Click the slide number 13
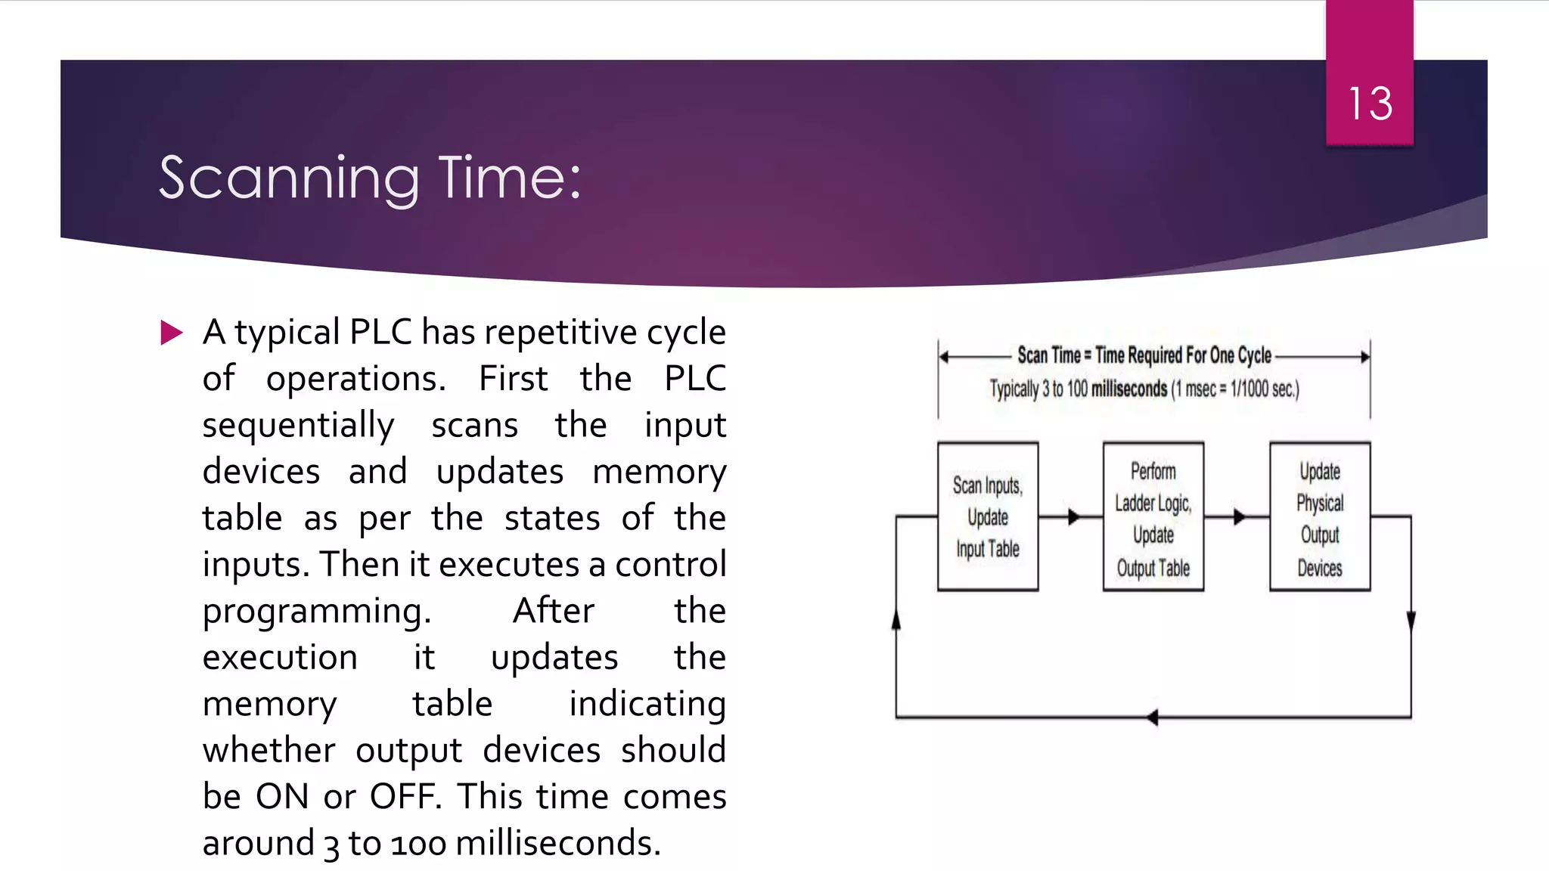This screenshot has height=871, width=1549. [1370, 104]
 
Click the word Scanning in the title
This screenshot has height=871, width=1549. [289, 178]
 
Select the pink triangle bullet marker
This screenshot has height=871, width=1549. [172, 333]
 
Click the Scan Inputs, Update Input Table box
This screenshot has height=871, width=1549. [987, 516]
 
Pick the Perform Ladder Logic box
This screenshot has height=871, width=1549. [1153, 516]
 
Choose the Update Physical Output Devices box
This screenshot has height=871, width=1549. [1319, 516]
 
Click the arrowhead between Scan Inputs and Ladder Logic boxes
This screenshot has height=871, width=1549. [1074, 517]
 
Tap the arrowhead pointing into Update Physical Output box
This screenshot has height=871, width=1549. [1239, 517]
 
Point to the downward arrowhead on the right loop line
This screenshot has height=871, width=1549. [1411, 621]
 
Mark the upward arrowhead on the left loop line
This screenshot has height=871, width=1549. [896, 620]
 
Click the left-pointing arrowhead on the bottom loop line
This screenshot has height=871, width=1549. [1152, 717]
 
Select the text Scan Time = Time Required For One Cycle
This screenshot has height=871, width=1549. [1144, 355]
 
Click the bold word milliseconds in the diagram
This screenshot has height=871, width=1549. [1128, 389]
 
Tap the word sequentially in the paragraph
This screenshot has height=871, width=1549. [298, 426]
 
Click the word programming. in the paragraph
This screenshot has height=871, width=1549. [316, 612]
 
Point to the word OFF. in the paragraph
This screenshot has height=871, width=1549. [405, 797]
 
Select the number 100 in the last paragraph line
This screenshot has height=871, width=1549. [418, 844]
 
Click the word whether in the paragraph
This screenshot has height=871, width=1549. [269, 751]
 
